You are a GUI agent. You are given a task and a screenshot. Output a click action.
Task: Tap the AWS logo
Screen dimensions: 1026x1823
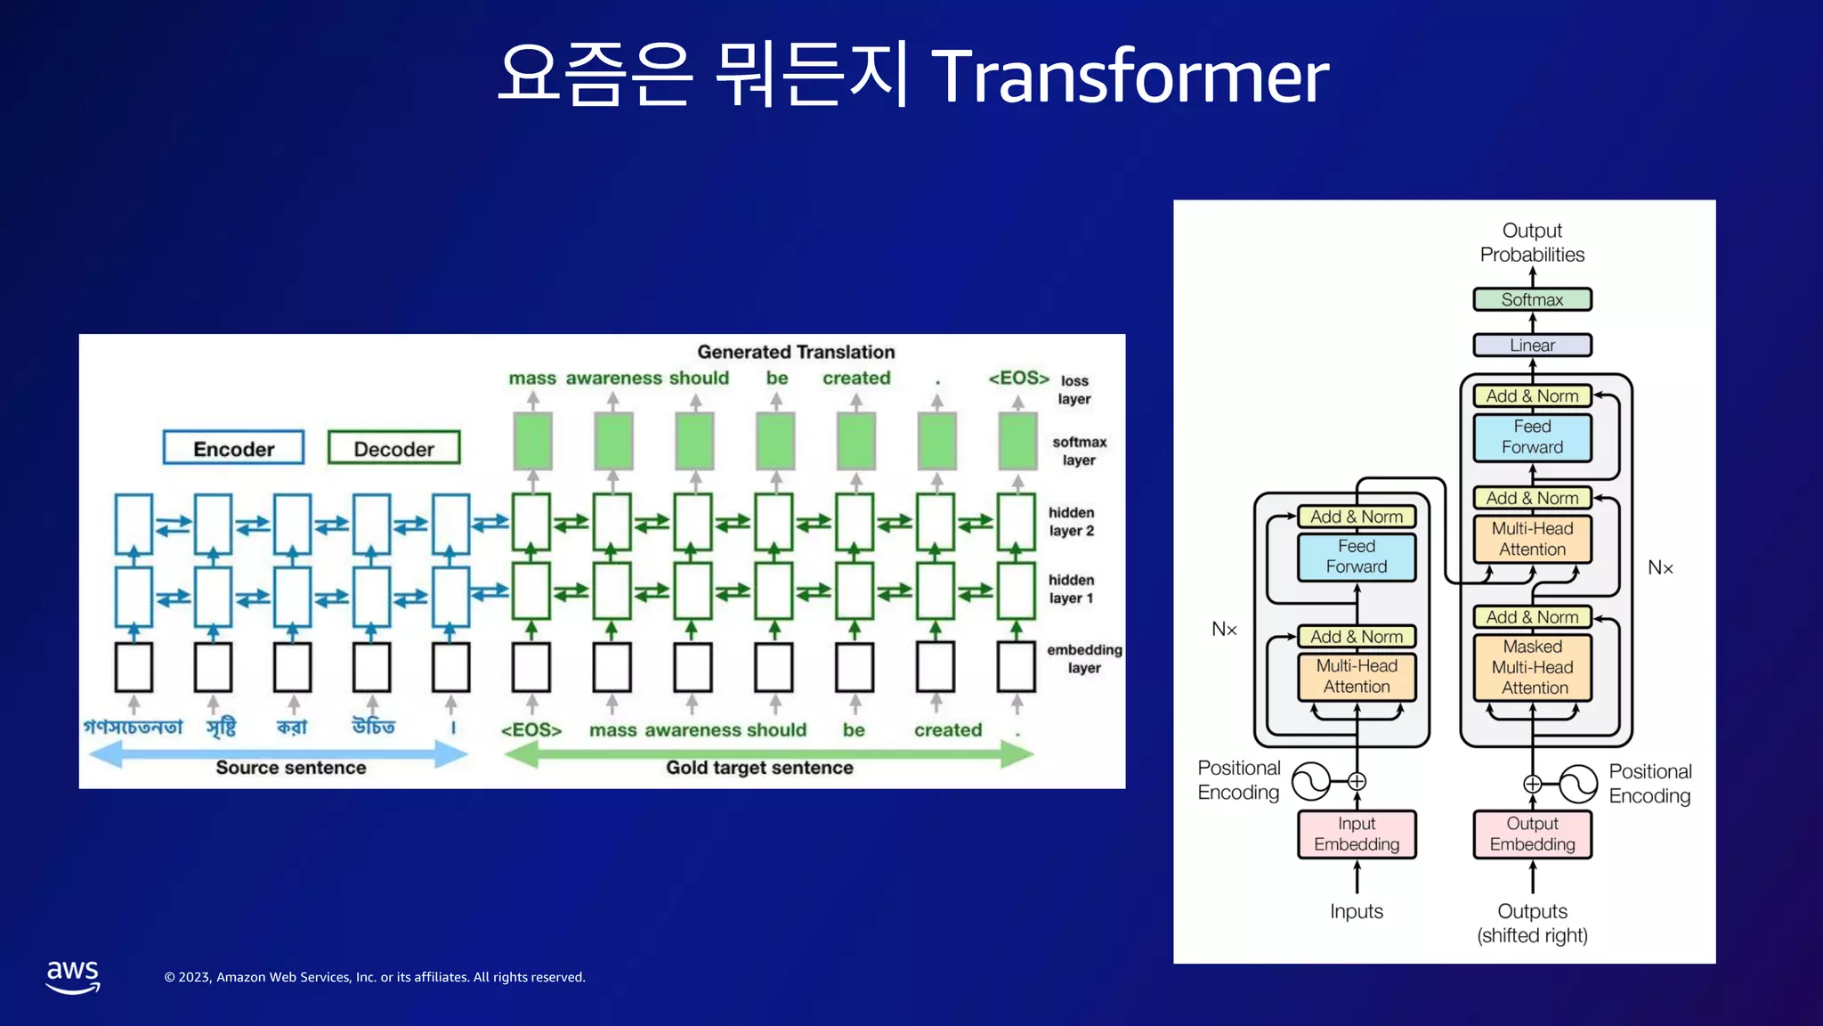pyautogui.click(x=73, y=976)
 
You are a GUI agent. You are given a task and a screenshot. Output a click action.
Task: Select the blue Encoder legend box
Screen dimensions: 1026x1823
pyautogui.click(x=234, y=448)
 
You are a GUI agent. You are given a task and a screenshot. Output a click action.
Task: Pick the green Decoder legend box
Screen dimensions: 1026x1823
pyautogui.click(x=394, y=448)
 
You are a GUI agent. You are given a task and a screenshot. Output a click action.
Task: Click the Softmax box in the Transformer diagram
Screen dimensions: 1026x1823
pyautogui.click(x=1532, y=299)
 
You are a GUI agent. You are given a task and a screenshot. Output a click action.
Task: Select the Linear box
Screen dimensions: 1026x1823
pyautogui.click(x=1532, y=345)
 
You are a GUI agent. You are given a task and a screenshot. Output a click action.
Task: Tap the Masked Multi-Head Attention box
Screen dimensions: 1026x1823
pyautogui.click(x=1532, y=667)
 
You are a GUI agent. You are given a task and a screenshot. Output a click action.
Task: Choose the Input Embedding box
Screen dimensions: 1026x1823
pyautogui.click(x=1357, y=834)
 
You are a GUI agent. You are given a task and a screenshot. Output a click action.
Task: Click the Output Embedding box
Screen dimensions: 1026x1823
pyautogui.click(x=1532, y=834)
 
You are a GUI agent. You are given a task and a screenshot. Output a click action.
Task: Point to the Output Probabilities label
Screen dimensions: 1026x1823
pyautogui.click(x=1532, y=242)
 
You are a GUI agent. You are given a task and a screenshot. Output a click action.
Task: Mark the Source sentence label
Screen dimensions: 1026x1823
pyautogui.click(x=291, y=768)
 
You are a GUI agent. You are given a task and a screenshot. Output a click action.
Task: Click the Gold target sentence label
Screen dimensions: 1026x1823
pyautogui.click(x=759, y=768)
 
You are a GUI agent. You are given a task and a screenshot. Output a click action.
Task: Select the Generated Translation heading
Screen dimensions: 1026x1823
pyautogui.click(x=796, y=352)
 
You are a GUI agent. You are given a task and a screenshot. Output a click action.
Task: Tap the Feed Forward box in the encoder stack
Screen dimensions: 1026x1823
pyautogui.click(x=1357, y=557)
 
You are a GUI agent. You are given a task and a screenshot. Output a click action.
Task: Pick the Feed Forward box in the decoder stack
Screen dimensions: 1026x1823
pyautogui.click(x=1532, y=437)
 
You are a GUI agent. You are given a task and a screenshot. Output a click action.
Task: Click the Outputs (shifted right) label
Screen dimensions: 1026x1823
pyautogui.click(x=1532, y=923)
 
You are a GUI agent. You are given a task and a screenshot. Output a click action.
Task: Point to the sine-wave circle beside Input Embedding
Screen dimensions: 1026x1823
pyautogui.click(x=1310, y=781)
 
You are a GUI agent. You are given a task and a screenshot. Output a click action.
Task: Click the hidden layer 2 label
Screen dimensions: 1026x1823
pyautogui.click(x=1071, y=522)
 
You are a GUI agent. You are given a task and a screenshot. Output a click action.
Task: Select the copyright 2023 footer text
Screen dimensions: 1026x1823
pyautogui.click(x=375, y=977)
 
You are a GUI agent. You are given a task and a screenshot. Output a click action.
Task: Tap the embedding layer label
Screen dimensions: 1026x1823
pyautogui.click(x=1084, y=659)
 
